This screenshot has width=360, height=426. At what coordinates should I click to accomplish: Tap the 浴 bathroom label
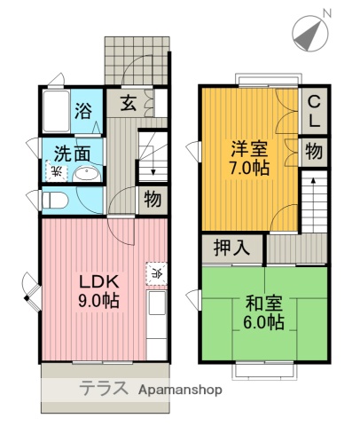click(x=84, y=111)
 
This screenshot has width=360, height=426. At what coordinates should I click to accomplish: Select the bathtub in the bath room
click(x=57, y=110)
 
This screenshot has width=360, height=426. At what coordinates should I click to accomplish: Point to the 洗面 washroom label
click(x=70, y=153)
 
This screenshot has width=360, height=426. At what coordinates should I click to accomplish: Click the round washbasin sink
click(x=87, y=172)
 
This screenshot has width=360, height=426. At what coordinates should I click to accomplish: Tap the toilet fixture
click(x=54, y=200)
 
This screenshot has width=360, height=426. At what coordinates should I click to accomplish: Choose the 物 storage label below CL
click(x=314, y=151)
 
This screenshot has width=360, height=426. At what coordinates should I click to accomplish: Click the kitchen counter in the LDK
click(x=156, y=319)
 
